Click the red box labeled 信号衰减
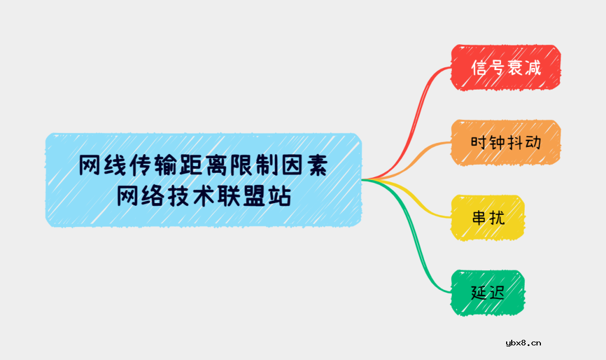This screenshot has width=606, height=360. click(506, 68)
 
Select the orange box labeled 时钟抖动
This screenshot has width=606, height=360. click(506, 142)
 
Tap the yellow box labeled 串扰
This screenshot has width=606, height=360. click(488, 218)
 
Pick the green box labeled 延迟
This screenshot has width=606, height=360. click(488, 293)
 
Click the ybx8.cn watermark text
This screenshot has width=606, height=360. click(524, 343)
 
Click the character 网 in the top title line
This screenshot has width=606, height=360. click(90, 165)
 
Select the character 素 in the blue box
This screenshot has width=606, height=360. click(316, 165)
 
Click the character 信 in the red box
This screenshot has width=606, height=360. click(478, 68)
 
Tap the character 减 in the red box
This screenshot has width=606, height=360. click(532, 68)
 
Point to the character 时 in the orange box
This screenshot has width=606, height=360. click(478, 142)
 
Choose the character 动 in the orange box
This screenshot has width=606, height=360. click(533, 142)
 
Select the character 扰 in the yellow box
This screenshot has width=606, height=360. click(497, 218)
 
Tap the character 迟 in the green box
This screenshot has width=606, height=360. click(497, 293)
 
